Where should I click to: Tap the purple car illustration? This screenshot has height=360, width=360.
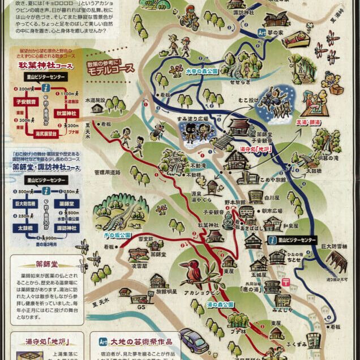[x=192, y=338]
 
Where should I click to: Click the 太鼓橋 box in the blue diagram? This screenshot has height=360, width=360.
[x=22, y=228]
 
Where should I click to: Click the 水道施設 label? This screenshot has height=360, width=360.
[x=96, y=100]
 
